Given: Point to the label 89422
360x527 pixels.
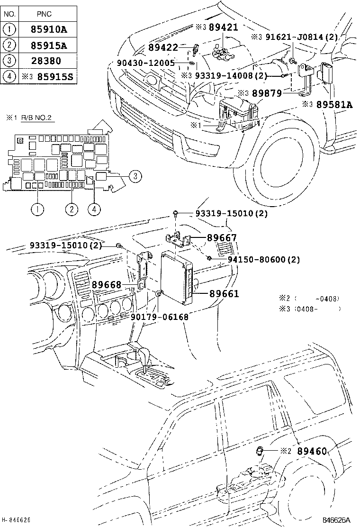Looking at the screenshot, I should (x=163, y=47).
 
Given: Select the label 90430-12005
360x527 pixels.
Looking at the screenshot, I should (x=146, y=63).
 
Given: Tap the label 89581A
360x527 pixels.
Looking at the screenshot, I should (x=334, y=105).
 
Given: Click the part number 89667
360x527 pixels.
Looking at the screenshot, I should (x=222, y=238).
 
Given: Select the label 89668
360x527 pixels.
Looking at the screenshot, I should (x=107, y=285).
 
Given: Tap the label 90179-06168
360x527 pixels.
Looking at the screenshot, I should (x=159, y=317).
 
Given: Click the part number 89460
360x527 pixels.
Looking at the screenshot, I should (x=312, y=452).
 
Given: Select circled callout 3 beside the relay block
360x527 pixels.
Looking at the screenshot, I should (x=135, y=176).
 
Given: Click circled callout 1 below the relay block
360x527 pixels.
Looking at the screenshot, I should (x=36, y=208).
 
